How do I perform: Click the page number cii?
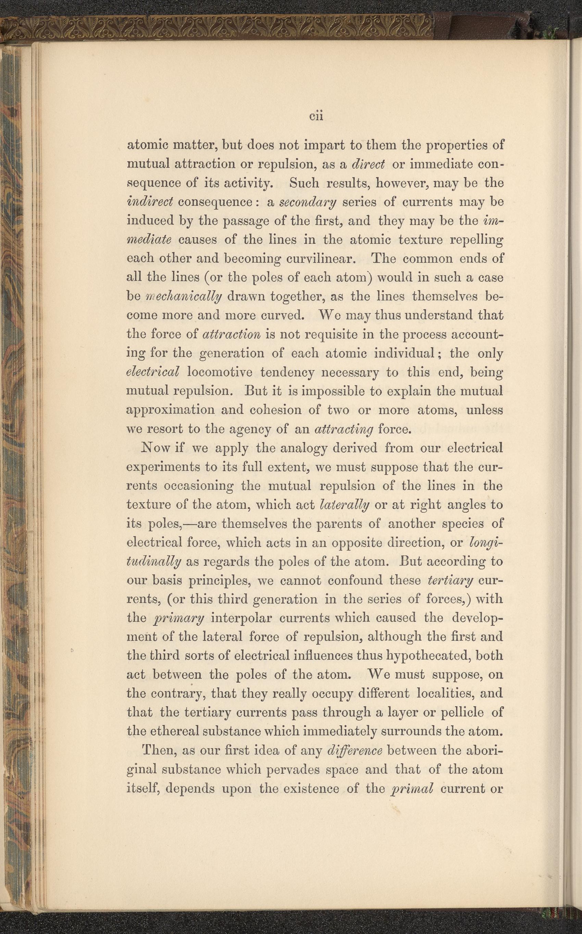[x=315, y=116]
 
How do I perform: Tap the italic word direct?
[x=369, y=164]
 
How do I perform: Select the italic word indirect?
[x=150, y=202]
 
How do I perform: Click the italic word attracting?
[x=344, y=429]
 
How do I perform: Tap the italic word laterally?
[x=344, y=504]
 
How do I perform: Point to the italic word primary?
[x=178, y=618]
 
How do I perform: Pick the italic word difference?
[x=354, y=750]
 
